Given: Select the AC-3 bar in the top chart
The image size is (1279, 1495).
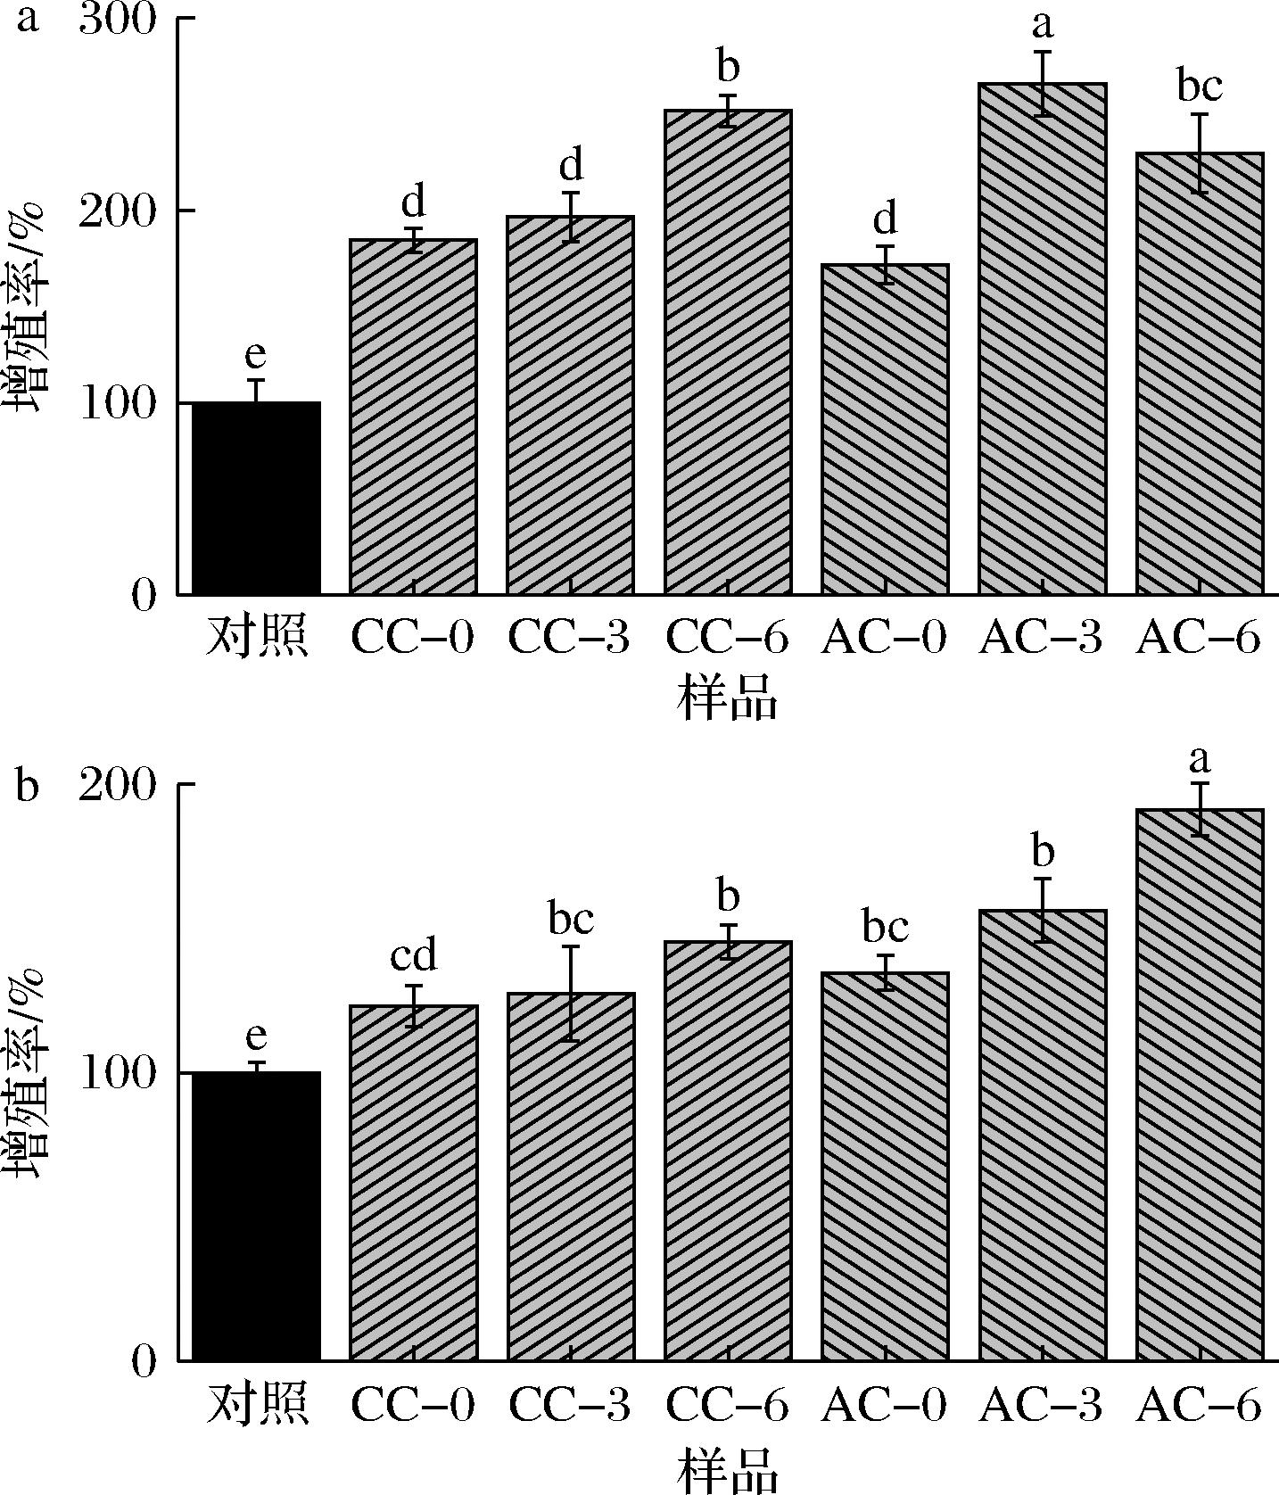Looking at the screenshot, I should coord(1042,339).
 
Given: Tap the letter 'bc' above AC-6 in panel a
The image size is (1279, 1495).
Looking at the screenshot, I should coord(1200,87).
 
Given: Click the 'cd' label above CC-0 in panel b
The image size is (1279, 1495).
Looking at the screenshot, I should coord(414,956).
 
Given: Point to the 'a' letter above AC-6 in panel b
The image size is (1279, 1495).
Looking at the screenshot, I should coord(1200,759).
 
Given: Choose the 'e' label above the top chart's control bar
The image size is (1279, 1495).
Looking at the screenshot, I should coord(255,355).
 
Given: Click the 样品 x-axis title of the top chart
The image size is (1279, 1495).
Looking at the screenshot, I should coord(728,699).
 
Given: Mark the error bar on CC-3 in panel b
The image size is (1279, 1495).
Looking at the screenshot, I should coord(571,993).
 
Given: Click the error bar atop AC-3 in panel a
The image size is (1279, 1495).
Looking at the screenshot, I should coord(1042,84).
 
